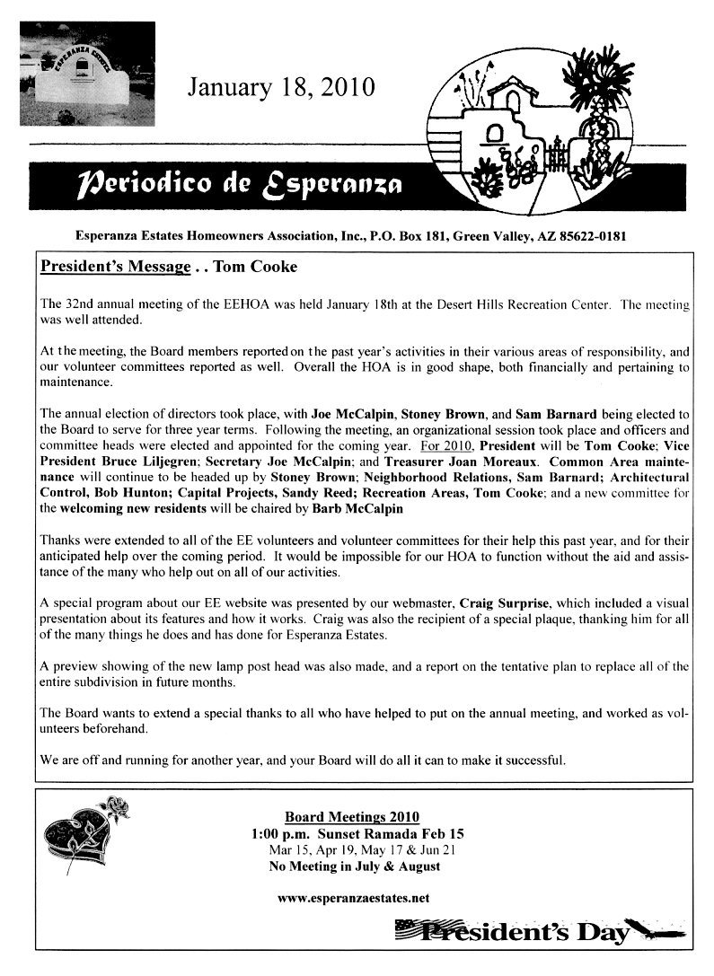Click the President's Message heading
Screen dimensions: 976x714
pyautogui.click(x=115, y=267)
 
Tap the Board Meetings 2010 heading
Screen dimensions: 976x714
pyautogui.click(x=352, y=816)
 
